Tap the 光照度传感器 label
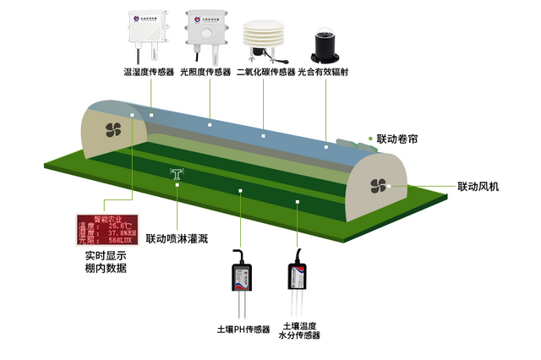point(205,73)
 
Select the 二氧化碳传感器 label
point(265,73)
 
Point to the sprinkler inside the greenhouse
point(178,175)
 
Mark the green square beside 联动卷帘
point(370,137)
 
